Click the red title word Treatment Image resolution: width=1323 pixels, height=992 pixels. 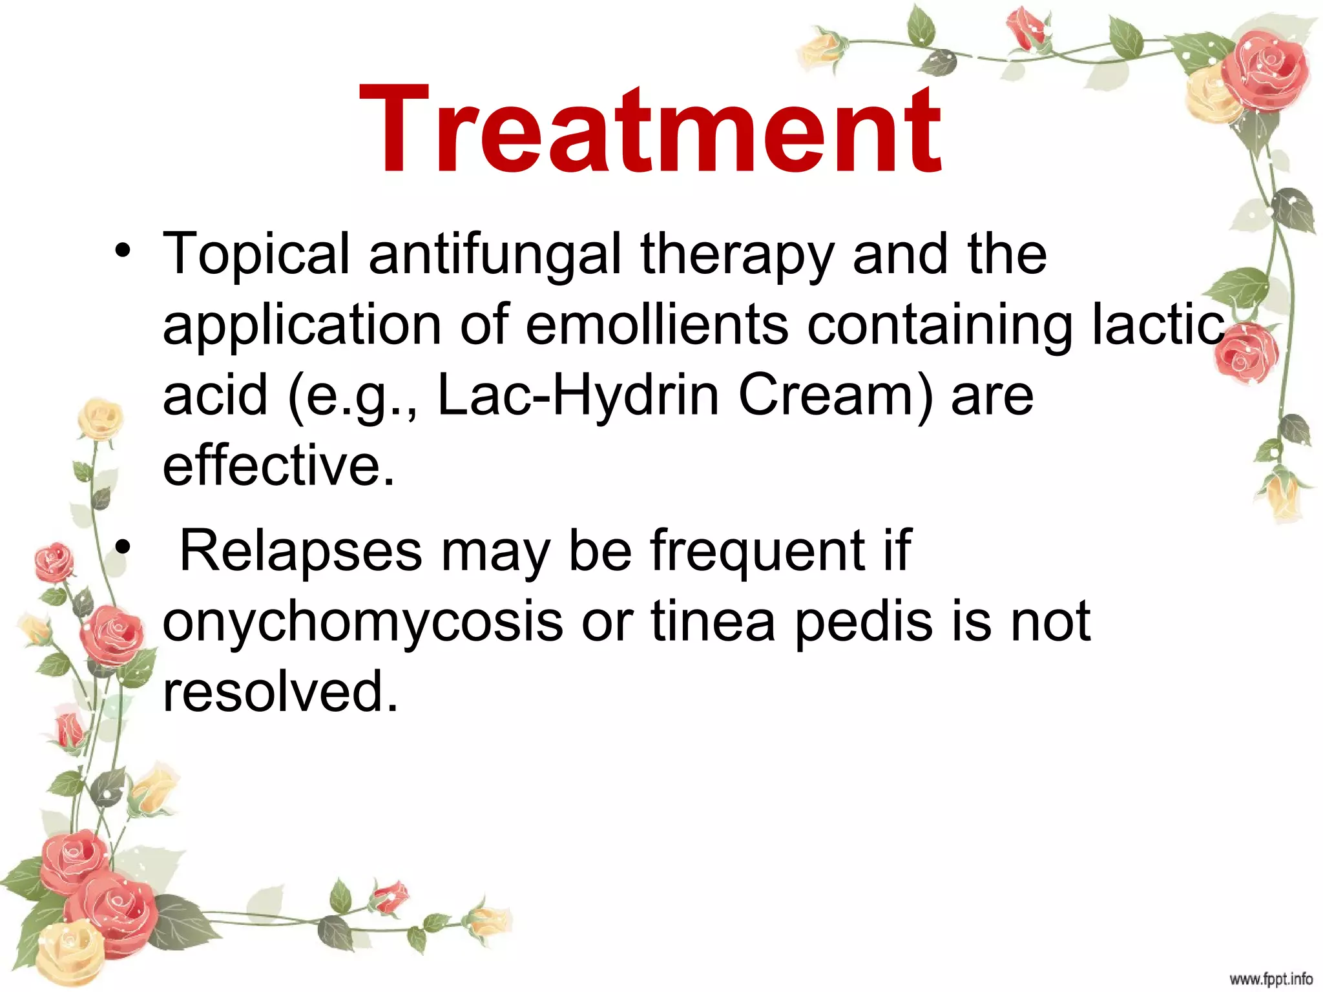pyautogui.click(x=650, y=129)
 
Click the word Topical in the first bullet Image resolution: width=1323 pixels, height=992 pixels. pyautogui.click(x=256, y=256)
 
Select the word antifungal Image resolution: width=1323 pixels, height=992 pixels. pyautogui.click(x=495, y=256)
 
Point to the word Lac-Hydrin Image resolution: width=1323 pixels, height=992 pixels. pyautogui.click(x=578, y=396)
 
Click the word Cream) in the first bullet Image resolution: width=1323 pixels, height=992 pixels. pyautogui.click(x=835, y=396)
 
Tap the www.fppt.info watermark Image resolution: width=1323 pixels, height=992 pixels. pyautogui.click(x=1271, y=979)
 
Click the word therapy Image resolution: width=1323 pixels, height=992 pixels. pyautogui.click(x=737, y=256)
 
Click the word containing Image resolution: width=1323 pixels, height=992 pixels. pyautogui.click(x=940, y=327)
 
